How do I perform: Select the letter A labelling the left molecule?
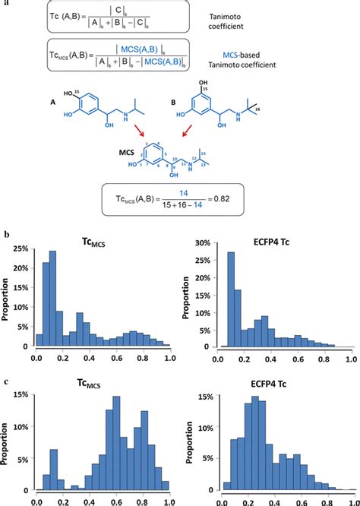tap(52, 106)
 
